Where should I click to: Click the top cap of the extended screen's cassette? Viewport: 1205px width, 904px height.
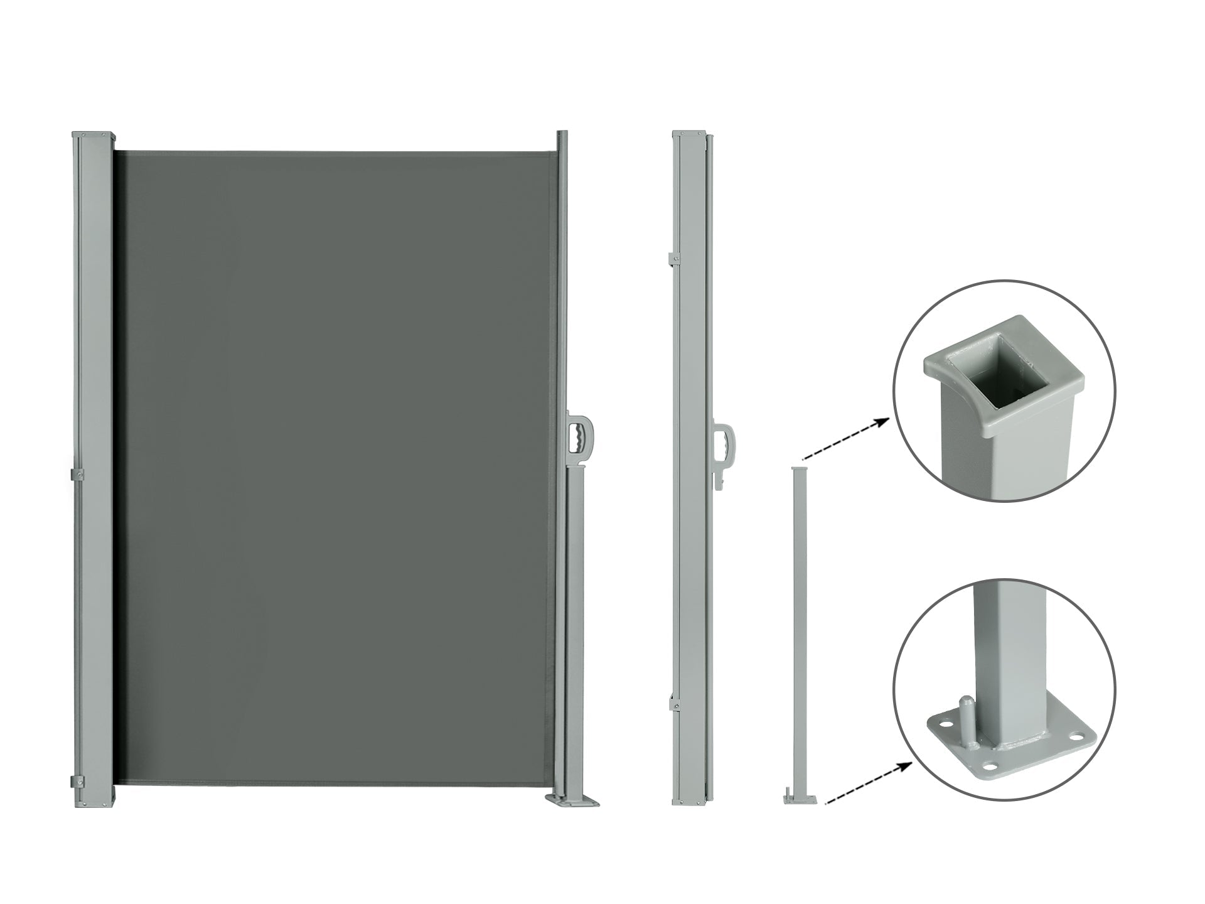click(x=94, y=136)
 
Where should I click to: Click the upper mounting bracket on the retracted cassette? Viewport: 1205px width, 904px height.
click(x=675, y=258)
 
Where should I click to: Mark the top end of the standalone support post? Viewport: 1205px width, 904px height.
click(x=800, y=470)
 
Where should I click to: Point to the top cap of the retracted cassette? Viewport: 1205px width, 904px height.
click(x=689, y=134)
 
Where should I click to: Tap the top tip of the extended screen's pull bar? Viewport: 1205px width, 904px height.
click(x=562, y=134)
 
